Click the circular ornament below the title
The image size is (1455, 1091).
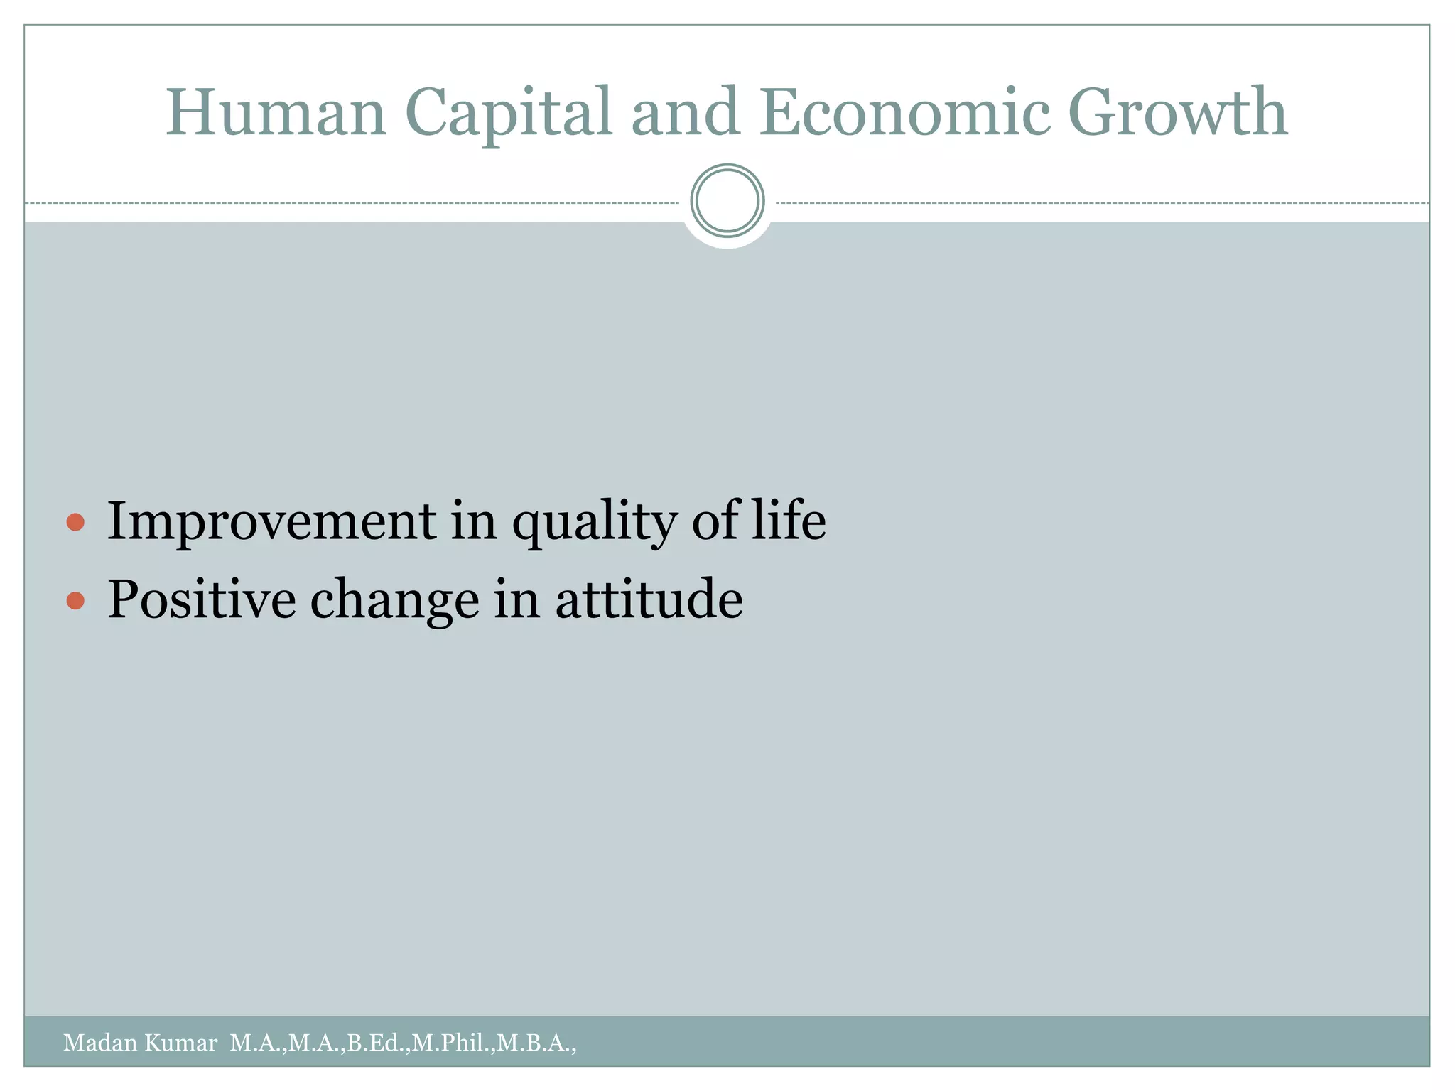pyautogui.click(x=727, y=201)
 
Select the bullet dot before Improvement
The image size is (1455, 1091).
pyautogui.click(x=75, y=523)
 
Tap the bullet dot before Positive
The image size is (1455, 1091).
pyautogui.click(x=75, y=602)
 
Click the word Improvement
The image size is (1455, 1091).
pyautogui.click(x=271, y=521)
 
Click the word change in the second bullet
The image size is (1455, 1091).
pyautogui.click(x=394, y=601)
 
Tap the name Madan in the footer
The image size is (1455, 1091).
pyautogui.click(x=100, y=1043)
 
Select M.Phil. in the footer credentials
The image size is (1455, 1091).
pyautogui.click(x=452, y=1043)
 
